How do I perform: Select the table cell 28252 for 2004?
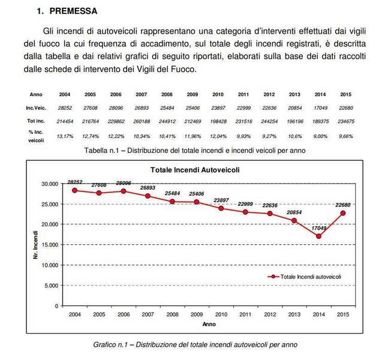[64, 107]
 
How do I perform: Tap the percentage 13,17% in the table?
[64, 136]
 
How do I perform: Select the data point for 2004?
[75, 190]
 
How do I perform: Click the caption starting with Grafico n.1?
[195, 344]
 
